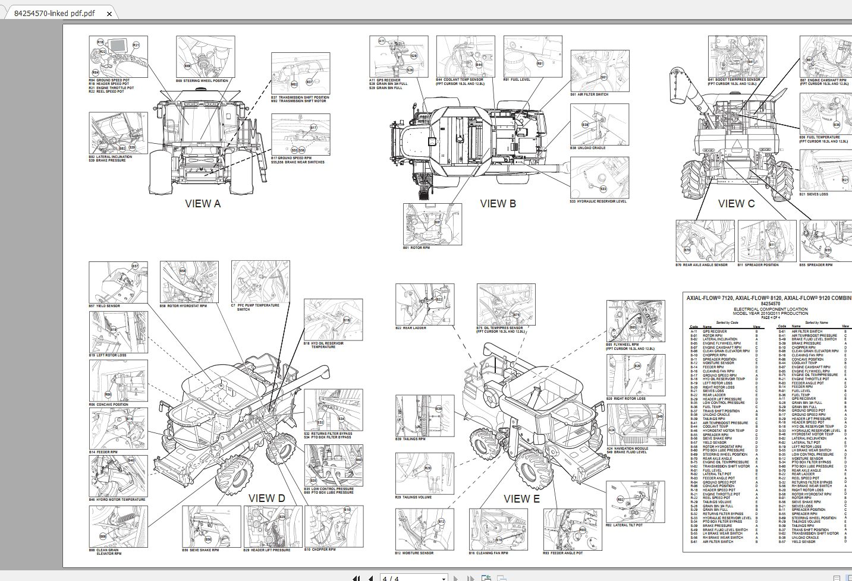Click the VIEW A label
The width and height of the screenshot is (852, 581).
click(203, 204)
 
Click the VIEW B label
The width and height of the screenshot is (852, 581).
click(498, 204)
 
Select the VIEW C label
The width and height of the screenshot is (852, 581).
click(736, 204)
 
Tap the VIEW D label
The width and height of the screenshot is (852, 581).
click(266, 498)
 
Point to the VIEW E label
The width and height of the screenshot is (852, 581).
click(521, 499)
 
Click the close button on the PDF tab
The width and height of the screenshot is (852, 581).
click(109, 13)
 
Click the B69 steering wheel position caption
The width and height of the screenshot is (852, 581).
click(202, 81)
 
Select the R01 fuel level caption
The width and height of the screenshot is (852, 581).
click(517, 79)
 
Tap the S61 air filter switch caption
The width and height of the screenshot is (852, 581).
click(589, 94)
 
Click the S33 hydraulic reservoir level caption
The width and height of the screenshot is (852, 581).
click(598, 201)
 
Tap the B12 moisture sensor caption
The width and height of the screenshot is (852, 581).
click(414, 553)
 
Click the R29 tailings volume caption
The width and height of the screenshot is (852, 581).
click(414, 497)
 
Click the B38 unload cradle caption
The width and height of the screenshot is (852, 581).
click(587, 148)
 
